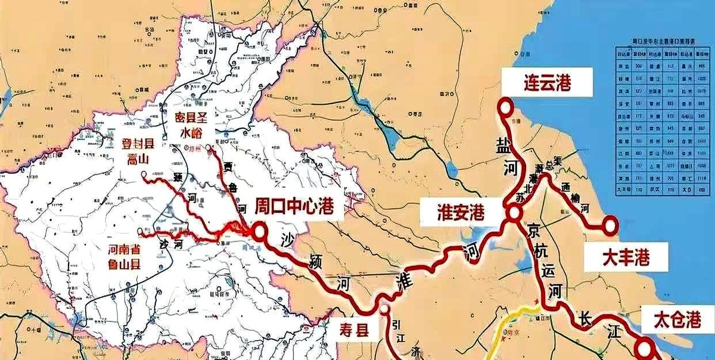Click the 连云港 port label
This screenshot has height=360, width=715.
tap(547, 82)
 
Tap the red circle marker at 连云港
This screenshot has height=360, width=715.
tap(506, 107)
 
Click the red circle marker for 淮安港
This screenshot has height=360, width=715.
tap(512, 214)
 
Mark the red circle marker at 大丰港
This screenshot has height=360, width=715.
tap(610, 225)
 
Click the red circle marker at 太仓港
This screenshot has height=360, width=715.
tap(644, 347)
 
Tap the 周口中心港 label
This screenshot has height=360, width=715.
tap(293, 207)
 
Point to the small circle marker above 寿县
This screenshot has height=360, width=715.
tap(384, 309)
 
